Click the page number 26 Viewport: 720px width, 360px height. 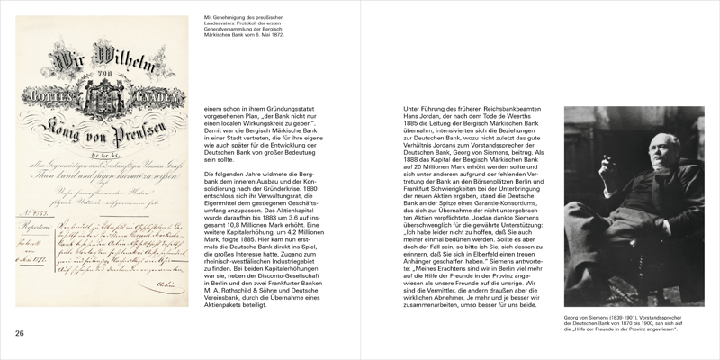[x=19, y=335]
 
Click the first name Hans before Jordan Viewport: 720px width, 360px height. [x=403, y=116]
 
